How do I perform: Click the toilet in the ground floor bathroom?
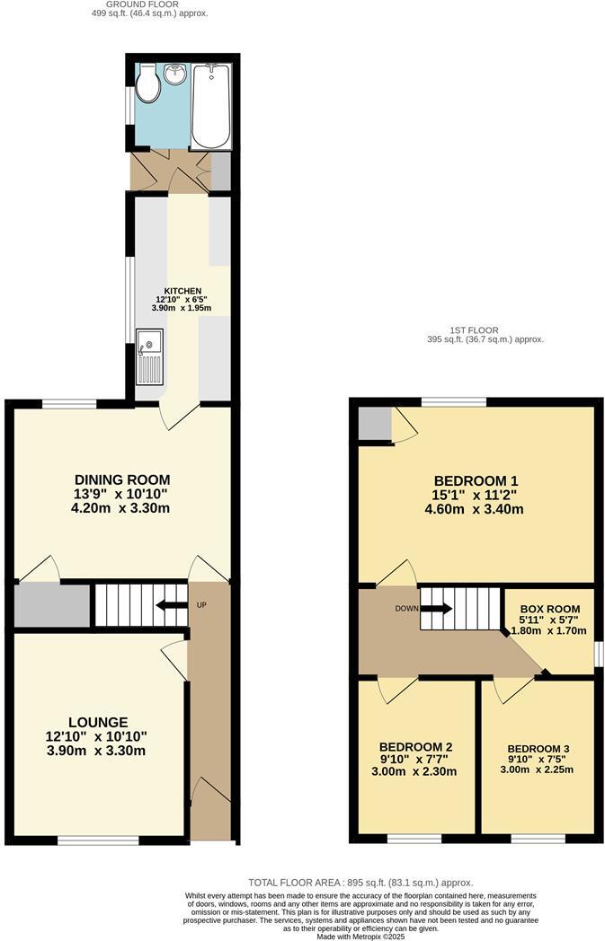(x=148, y=86)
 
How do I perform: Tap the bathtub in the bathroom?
(x=211, y=106)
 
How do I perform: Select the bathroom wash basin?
(x=175, y=72)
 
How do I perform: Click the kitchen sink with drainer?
(x=149, y=356)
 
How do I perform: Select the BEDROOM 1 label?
(x=477, y=480)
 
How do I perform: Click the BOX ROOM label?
(x=549, y=609)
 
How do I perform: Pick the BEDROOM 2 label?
(x=415, y=747)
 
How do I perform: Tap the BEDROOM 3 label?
(x=538, y=748)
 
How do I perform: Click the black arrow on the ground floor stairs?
(x=171, y=604)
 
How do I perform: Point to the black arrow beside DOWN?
(x=436, y=608)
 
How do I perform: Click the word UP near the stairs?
(x=201, y=604)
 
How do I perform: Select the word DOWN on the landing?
(x=406, y=608)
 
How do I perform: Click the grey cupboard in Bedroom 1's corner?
(x=375, y=423)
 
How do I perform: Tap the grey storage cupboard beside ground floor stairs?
(x=52, y=605)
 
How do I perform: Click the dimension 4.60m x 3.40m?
(x=477, y=509)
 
